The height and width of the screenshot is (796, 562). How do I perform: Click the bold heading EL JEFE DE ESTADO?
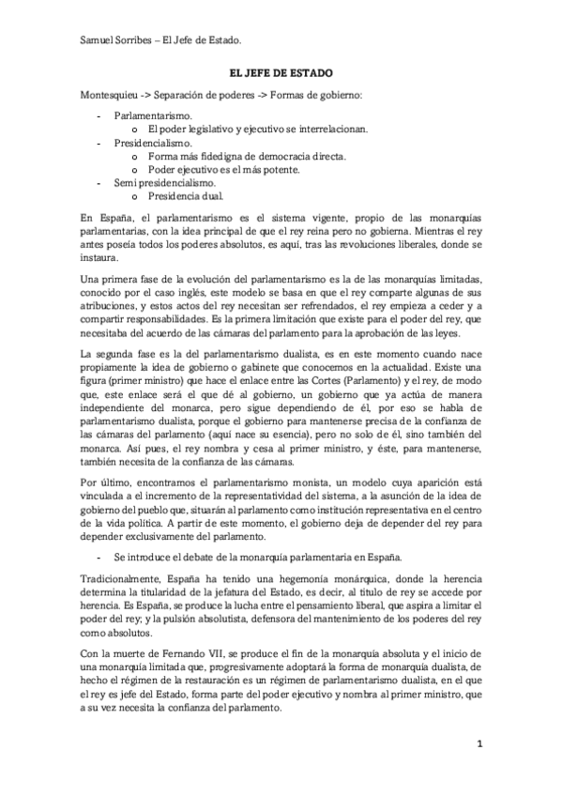281,72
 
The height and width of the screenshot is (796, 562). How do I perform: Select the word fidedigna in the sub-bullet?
217,156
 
